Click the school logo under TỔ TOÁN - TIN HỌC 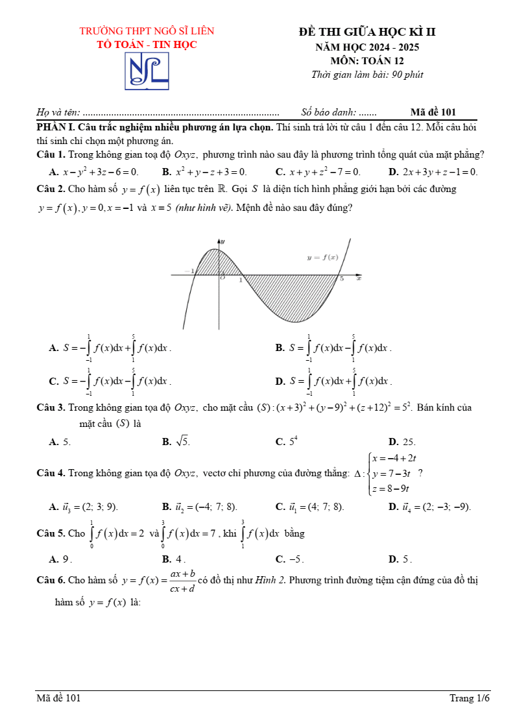click(x=147, y=71)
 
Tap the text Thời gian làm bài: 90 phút click(x=367, y=75)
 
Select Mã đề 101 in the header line click(x=433, y=112)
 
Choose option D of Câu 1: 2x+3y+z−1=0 click(x=433, y=172)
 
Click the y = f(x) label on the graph click(x=322, y=258)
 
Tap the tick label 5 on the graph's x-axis click(x=342, y=279)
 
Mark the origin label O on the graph click(x=222, y=278)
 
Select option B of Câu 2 click(x=334, y=348)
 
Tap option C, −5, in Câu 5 click(x=290, y=559)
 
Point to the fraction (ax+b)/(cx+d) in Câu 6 click(x=183, y=581)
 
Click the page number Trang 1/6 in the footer click(x=470, y=698)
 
